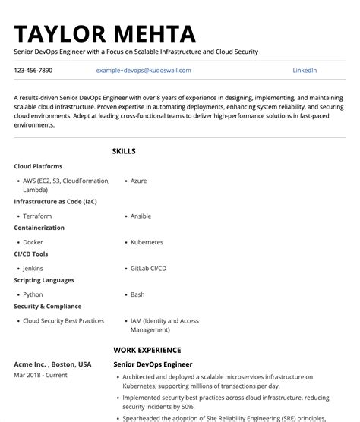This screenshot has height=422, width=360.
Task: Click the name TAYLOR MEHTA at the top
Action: click(x=105, y=33)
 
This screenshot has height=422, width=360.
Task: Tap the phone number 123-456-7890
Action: click(x=33, y=71)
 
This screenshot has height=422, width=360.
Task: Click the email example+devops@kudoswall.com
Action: click(x=144, y=71)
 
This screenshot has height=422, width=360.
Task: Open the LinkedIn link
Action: click(x=305, y=71)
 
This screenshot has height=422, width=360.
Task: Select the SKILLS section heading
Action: click(x=124, y=151)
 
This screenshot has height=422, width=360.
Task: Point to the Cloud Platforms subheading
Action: click(x=38, y=166)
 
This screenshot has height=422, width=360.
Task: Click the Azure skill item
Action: click(x=138, y=181)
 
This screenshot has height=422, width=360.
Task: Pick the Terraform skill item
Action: click(x=37, y=216)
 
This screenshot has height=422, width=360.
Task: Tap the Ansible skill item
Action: click(x=141, y=216)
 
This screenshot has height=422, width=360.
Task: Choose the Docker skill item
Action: click(x=33, y=242)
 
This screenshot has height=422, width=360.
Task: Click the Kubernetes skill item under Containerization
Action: click(x=147, y=242)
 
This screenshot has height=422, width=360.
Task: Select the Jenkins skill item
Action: click(x=33, y=268)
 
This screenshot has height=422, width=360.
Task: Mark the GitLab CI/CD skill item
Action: click(x=148, y=268)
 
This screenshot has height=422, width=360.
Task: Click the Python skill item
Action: click(x=33, y=294)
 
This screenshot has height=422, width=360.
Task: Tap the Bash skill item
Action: click(x=137, y=294)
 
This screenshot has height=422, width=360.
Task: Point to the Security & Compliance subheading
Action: click(x=47, y=307)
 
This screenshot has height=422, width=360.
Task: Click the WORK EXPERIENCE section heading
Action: click(x=147, y=350)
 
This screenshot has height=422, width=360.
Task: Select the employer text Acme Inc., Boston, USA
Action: click(x=52, y=364)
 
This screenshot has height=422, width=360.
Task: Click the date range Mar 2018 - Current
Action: click(x=40, y=375)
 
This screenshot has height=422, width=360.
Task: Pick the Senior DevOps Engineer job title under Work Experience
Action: click(x=153, y=364)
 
